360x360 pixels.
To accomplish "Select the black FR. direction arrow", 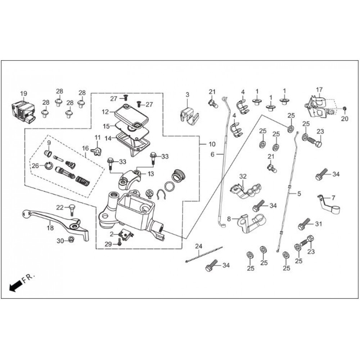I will [14, 287].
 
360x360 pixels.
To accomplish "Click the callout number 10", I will [212, 144].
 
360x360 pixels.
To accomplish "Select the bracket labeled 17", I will [319, 105].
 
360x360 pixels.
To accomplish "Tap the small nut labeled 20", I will [345, 108].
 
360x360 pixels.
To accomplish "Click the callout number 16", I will [85, 148].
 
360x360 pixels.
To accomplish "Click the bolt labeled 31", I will [305, 224].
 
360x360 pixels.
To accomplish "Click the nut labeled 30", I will [71, 239].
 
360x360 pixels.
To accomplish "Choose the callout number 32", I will [243, 176].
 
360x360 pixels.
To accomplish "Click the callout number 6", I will [212, 154].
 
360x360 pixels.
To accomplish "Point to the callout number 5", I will [299, 194].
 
